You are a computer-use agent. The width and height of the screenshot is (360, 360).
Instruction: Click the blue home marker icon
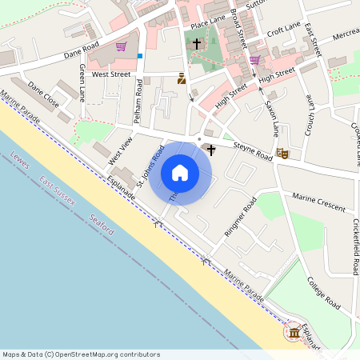tap(180, 172)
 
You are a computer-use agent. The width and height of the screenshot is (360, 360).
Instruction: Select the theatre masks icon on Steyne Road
tap(282, 153)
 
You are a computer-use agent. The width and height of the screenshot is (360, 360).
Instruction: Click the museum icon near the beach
tap(295, 331)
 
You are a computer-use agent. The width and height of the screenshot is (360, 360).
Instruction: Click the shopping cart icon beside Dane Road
tap(121, 46)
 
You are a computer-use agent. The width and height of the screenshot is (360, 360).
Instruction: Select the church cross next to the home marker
tap(211, 150)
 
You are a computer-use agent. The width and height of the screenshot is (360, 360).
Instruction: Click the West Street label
tap(110, 74)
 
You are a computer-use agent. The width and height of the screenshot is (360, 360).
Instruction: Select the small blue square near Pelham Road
tap(140, 56)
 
